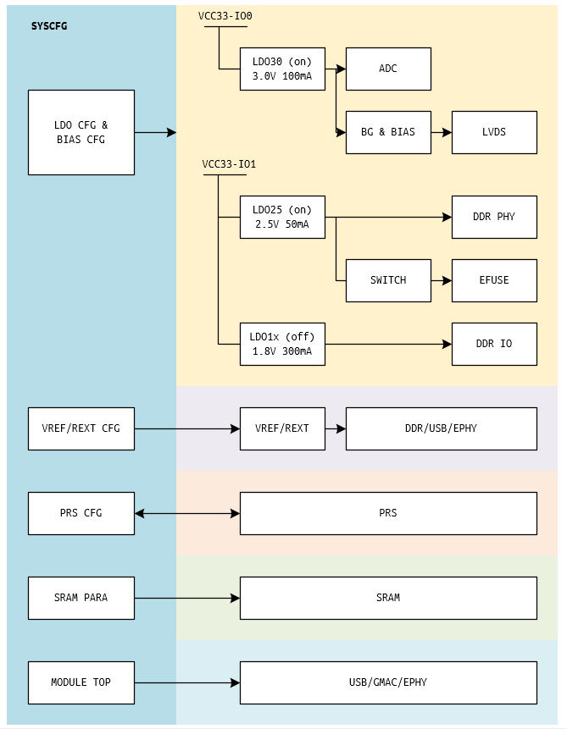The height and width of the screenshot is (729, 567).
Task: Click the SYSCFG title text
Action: tap(49, 26)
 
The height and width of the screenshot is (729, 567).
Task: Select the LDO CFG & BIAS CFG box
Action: tap(81, 132)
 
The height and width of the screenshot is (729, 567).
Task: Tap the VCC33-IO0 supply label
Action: tap(225, 16)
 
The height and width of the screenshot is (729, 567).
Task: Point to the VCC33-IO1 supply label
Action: tap(229, 164)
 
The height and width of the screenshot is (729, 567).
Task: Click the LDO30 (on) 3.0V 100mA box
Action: tap(282, 69)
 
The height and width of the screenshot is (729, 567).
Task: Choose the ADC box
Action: tap(388, 69)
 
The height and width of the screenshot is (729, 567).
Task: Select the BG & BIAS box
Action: tap(388, 132)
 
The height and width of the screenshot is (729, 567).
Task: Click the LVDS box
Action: tap(494, 132)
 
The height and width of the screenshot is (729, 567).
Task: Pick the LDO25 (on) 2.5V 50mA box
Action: tap(282, 217)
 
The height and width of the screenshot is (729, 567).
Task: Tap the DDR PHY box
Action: tap(494, 217)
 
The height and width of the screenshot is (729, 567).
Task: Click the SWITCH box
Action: tap(388, 280)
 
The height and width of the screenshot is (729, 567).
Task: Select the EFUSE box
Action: tap(494, 280)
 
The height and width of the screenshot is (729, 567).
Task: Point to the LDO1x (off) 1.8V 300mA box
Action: tap(282, 344)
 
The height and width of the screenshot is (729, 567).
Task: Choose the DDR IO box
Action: tap(494, 344)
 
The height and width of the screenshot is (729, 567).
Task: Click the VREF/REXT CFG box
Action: tap(81, 428)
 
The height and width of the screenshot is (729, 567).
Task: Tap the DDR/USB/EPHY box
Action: tap(441, 428)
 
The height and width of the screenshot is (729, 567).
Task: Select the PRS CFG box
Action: tap(81, 513)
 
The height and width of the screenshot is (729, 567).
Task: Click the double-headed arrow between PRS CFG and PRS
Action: tap(187, 513)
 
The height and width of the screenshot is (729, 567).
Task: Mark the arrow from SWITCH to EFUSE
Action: tap(441, 280)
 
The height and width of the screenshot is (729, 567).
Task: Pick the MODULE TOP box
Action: tap(81, 682)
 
